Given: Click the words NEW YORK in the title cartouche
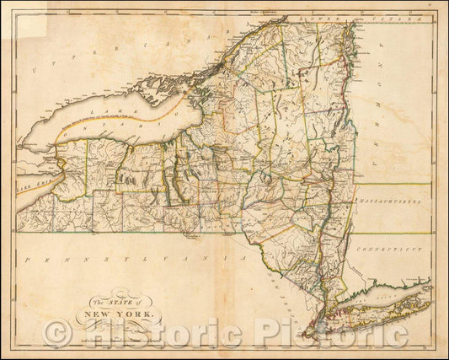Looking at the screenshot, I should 118,315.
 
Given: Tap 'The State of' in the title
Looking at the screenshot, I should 117,303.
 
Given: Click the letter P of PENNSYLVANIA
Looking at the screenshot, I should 29,263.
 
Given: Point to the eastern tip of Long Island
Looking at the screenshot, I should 430,286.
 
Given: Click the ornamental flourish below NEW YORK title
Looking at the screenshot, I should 118,326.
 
